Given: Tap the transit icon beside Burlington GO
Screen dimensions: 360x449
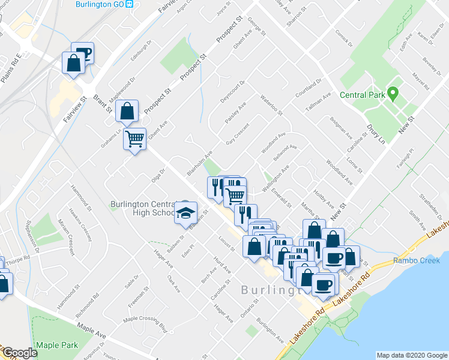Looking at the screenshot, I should point(130,4).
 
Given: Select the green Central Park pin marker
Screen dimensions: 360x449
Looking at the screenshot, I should point(393,94).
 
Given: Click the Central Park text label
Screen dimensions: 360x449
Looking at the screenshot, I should point(362,95).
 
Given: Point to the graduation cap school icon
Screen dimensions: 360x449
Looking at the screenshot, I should point(186,212).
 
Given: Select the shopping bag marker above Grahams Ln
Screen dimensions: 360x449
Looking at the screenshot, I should point(127,111).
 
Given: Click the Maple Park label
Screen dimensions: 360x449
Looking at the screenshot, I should point(57,345).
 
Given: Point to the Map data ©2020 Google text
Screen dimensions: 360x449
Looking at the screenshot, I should point(411,355).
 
